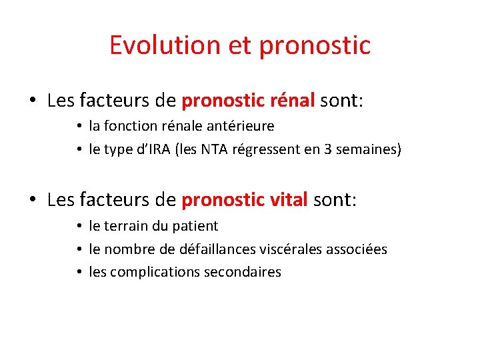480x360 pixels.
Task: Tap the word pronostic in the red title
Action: point(315,45)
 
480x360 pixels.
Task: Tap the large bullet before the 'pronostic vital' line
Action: point(33,200)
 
